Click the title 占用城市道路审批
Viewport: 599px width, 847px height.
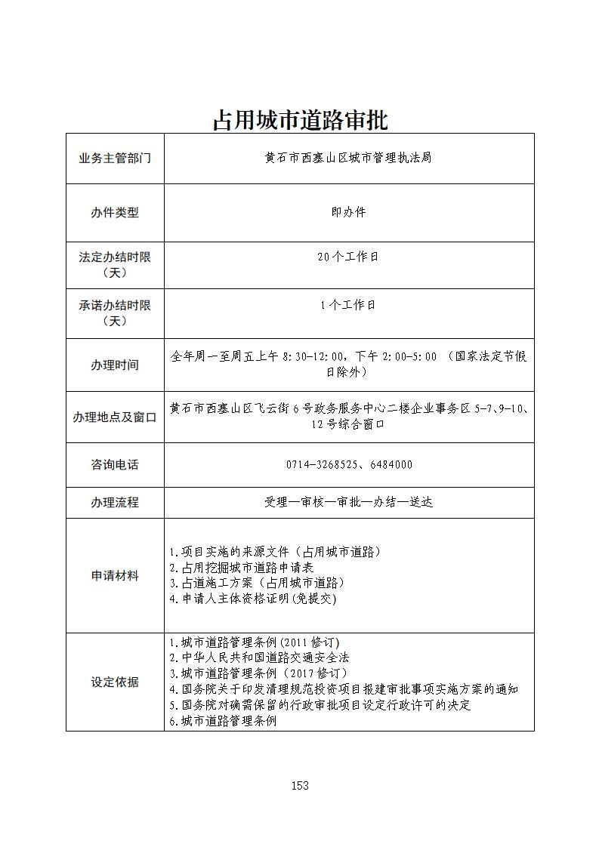[300, 120]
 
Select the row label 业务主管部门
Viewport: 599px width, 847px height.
[115, 159]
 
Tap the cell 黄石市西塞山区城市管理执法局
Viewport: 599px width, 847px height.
[348, 159]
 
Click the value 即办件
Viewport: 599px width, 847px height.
[348, 213]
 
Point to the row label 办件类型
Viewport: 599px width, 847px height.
[115, 213]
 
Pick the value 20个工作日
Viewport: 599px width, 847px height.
[348, 257]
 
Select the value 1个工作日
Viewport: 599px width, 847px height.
[348, 306]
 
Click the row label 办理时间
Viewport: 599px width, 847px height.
[115, 365]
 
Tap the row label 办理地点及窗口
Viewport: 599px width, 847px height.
[115, 417]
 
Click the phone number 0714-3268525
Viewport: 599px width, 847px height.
[323, 465]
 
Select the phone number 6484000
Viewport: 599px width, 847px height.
[391, 465]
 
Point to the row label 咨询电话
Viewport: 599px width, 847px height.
[115, 465]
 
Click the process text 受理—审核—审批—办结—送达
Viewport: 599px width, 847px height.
[348, 502]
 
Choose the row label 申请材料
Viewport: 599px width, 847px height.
[115, 575]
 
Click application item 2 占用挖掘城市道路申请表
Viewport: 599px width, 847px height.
[242, 567]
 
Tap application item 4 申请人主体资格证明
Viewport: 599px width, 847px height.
[253, 599]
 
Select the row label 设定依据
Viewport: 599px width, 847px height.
[115, 682]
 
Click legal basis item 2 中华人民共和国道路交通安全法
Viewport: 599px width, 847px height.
[260, 658]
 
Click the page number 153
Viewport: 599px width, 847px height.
[300, 786]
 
